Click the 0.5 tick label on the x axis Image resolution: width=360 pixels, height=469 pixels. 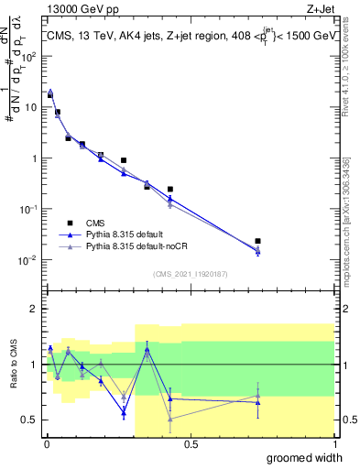[191, 443]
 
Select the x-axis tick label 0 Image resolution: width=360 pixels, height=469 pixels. [46, 443]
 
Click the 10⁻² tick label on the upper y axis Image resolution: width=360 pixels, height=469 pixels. [27, 260]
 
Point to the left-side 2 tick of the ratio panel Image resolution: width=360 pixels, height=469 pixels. [34, 309]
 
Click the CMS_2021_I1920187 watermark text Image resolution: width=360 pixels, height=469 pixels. [190, 272]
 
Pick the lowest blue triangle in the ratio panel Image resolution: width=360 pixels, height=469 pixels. [124, 412]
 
